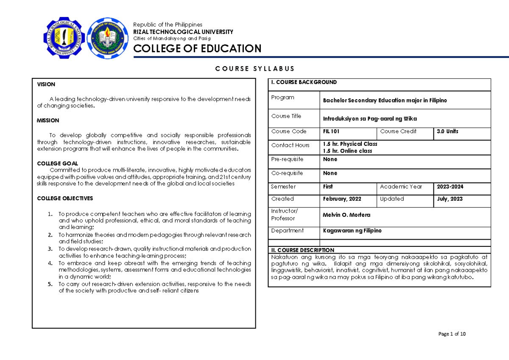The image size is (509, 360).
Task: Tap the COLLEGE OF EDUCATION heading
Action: [x=197, y=49]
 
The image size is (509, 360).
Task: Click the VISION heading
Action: [x=46, y=84]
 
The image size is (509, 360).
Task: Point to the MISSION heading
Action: [x=48, y=120]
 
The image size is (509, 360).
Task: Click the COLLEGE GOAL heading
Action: [x=57, y=163]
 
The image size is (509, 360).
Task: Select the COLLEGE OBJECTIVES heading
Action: [x=65, y=198]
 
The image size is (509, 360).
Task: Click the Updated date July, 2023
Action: [x=449, y=199]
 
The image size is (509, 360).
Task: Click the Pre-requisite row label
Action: [x=287, y=159]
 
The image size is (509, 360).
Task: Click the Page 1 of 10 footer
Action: [x=452, y=334]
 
